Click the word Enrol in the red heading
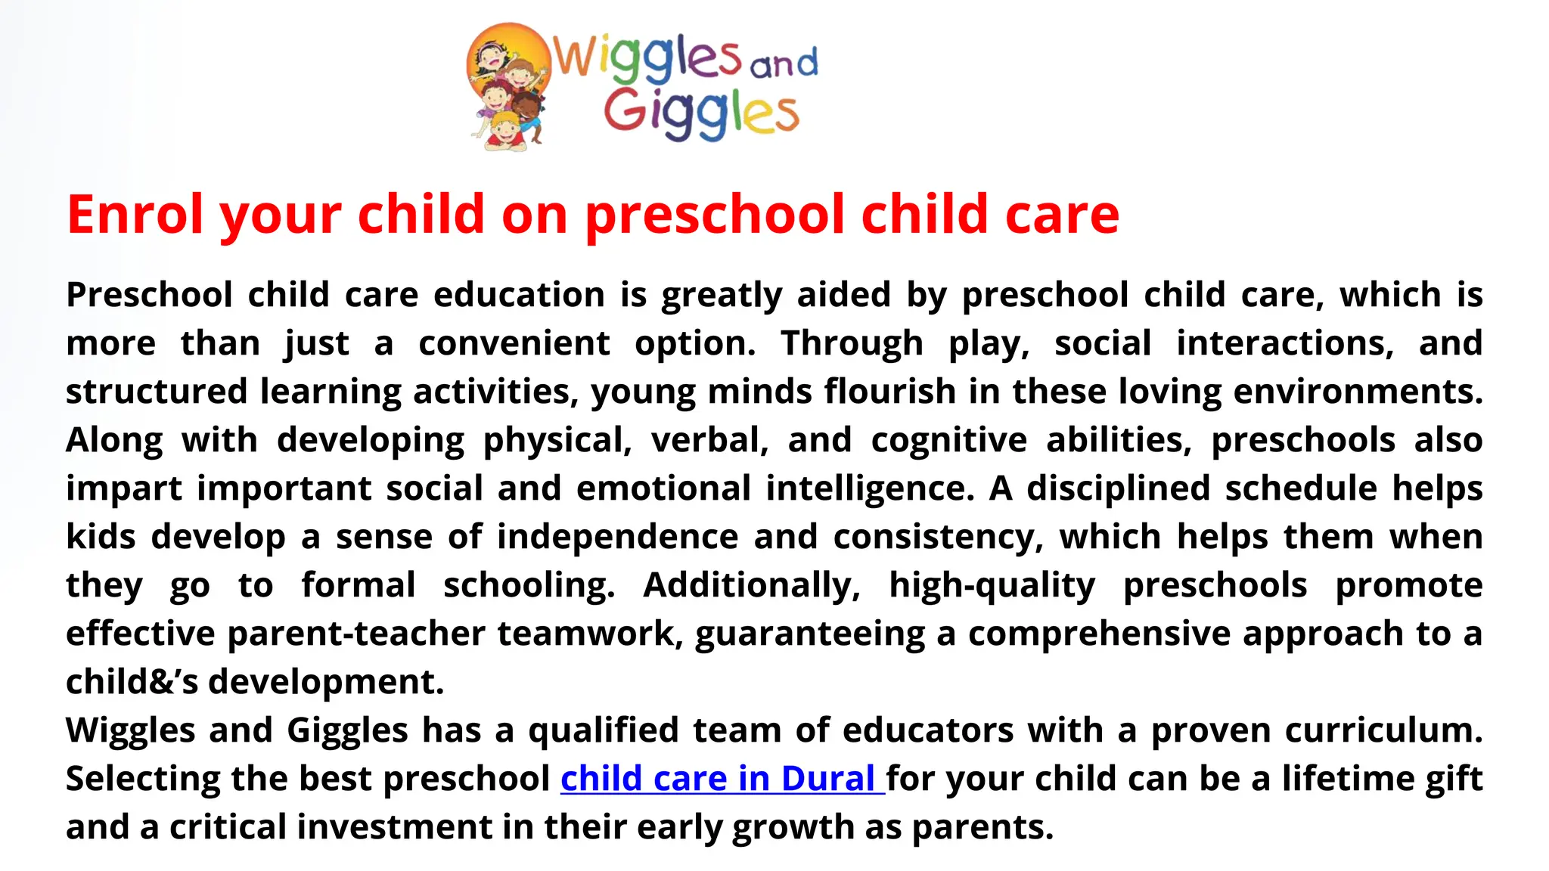click(x=135, y=215)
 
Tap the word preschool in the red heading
click(x=715, y=215)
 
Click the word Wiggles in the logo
click(x=647, y=56)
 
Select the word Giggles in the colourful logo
click(x=700, y=113)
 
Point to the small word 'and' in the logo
click(x=784, y=63)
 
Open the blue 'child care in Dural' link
click(x=722, y=779)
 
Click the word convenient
click(x=514, y=343)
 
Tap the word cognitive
click(x=949, y=440)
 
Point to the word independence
click(x=617, y=537)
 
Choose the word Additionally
click(x=752, y=585)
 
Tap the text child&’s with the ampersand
click(x=132, y=682)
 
